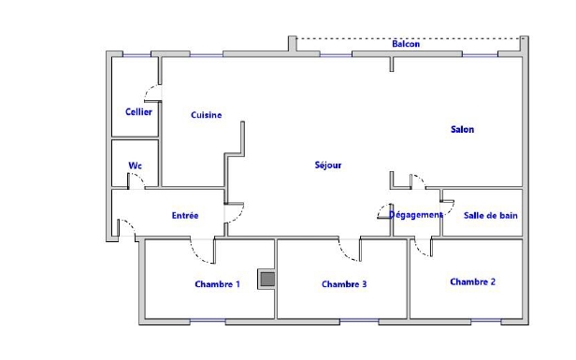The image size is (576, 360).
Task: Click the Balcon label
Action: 406,44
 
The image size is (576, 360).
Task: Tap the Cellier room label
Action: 138,112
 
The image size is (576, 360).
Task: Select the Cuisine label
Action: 206,115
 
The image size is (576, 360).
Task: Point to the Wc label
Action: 135,166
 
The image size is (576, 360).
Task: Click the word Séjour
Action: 328,166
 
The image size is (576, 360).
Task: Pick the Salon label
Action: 462,129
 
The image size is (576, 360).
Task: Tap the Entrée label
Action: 185,216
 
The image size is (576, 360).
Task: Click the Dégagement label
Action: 415,215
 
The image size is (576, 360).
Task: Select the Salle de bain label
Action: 490,216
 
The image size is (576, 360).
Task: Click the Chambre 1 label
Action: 217,284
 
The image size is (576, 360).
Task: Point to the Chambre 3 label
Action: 344,284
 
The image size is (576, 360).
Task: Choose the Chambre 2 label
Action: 472,281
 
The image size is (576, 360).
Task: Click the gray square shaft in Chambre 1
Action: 267,280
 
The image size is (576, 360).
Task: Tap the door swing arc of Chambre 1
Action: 198,255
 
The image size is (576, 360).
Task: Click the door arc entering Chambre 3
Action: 346,254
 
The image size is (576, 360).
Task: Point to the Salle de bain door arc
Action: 451,209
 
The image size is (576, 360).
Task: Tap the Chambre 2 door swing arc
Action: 420,252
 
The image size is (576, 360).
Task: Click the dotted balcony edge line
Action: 409,38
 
